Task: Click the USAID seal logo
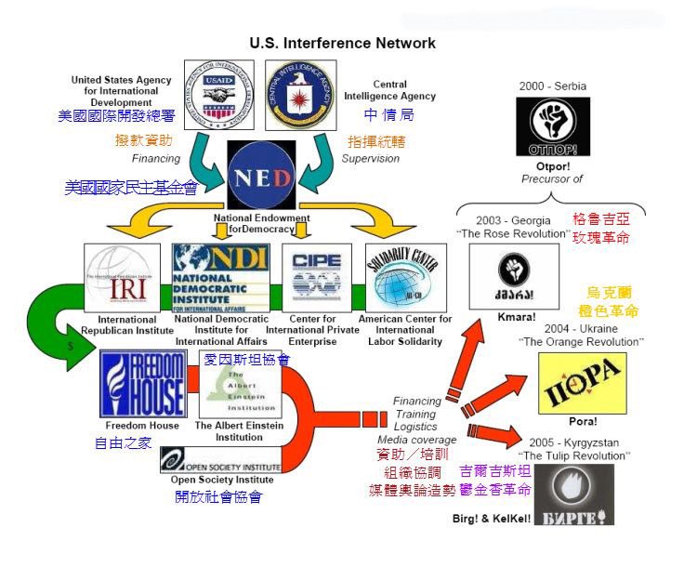pyautogui.click(x=218, y=94)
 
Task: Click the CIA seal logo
pyautogui.click(x=300, y=94)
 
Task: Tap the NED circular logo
pyautogui.click(x=261, y=177)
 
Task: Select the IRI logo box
pyautogui.click(x=122, y=279)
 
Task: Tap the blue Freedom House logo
pyautogui.click(x=142, y=383)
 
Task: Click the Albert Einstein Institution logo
pyautogui.click(x=239, y=384)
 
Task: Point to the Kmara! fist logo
pyautogui.click(x=514, y=276)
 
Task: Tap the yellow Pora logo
pyautogui.click(x=582, y=382)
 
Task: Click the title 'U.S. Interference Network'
pyautogui.click(x=342, y=43)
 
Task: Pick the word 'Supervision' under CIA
pyautogui.click(x=370, y=159)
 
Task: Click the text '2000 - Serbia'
pyautogui.click(x=553, y=86)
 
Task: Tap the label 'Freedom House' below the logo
pyautogui.click(x=142, y=426)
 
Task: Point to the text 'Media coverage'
pyautogui.click(x=416, y=440)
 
